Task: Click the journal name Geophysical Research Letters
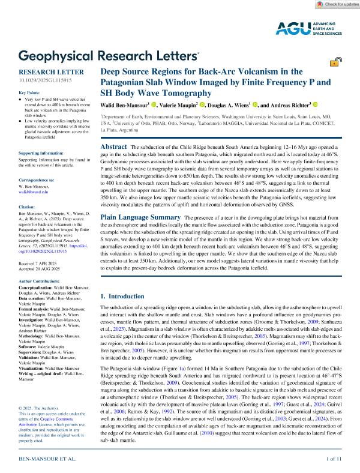click(109, 56)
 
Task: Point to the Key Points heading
click(31, 93)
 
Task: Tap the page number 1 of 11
click(334, 459)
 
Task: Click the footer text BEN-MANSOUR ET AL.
click(48, 459)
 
